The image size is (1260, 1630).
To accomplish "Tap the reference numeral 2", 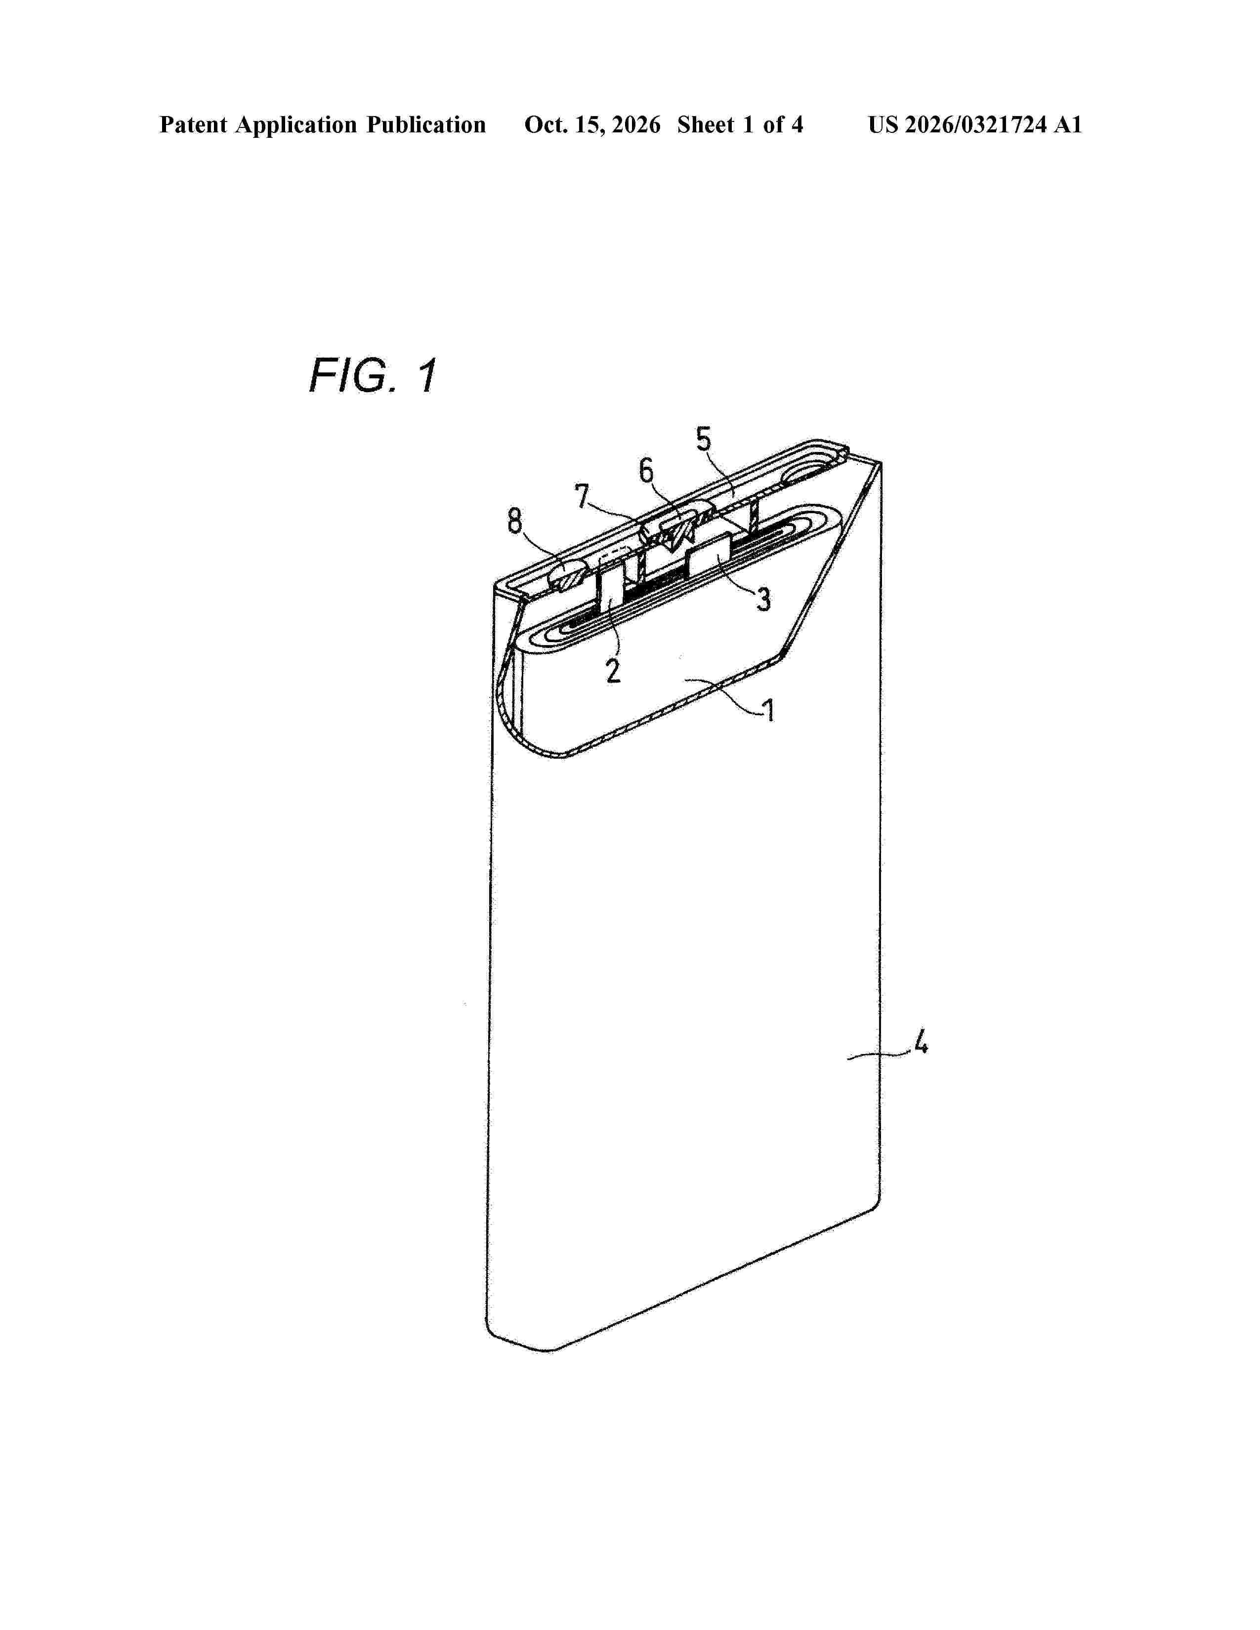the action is (x=613, y=670).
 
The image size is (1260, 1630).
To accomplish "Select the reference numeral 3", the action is (x=763, y=599).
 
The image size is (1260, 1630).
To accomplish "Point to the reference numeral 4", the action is (x=921, y=1041).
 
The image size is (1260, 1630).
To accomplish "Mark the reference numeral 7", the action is (x=582, y=496).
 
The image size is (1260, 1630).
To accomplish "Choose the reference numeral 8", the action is (x=515, y=521).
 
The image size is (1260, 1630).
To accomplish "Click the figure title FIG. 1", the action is (x=373, y=375).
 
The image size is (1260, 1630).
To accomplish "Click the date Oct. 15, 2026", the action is (x=592, y=124).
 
